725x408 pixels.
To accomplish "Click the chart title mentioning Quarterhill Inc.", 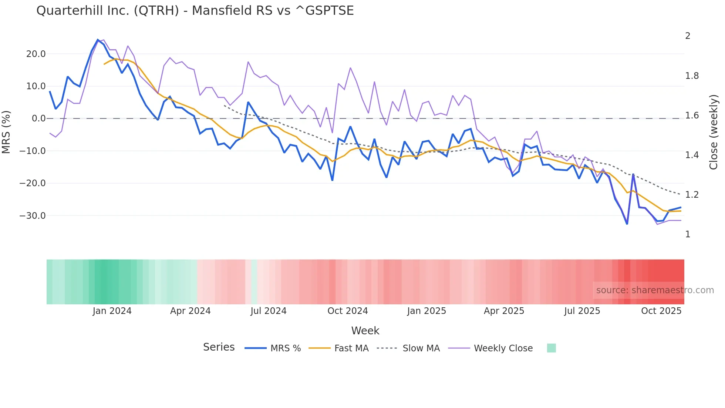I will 195,11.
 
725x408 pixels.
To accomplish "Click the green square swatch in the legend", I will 551,348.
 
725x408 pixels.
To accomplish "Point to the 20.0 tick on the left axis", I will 36,54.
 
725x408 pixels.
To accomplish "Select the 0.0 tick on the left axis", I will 38,119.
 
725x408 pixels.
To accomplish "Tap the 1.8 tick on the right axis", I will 692,76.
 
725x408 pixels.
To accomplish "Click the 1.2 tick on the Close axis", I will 692,195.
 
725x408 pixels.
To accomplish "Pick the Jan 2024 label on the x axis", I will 112,311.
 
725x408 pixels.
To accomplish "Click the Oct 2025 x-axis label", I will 661,311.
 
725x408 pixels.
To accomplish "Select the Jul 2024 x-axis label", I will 269,311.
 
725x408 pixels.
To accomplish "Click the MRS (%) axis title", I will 6,132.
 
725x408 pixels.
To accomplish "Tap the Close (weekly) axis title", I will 714,132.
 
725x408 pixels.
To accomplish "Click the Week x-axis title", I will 365,331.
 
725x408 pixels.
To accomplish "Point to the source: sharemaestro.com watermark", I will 655,290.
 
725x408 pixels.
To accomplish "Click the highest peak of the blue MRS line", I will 98,40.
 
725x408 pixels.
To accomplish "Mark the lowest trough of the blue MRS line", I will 627,224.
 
